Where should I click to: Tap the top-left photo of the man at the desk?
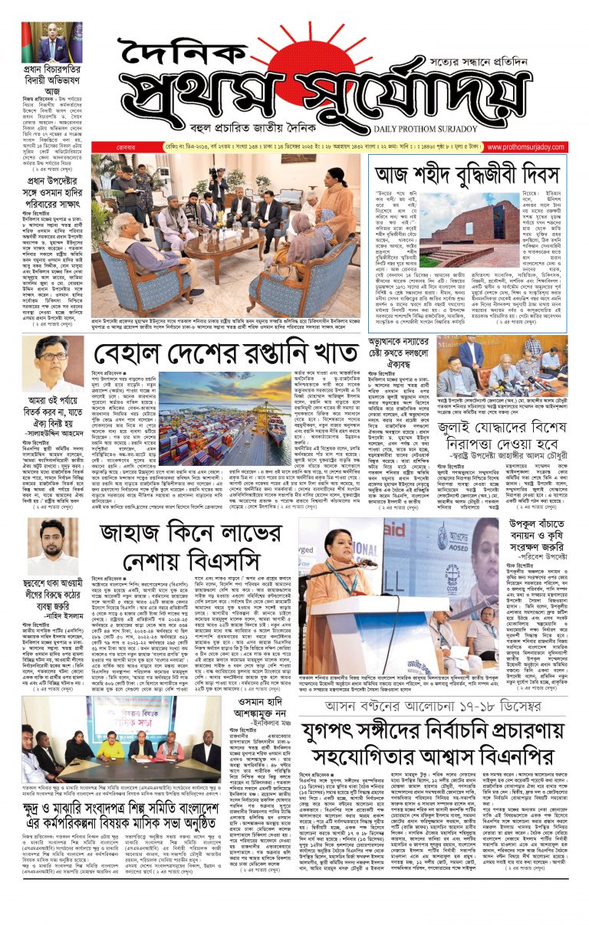(x=51, y=42)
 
